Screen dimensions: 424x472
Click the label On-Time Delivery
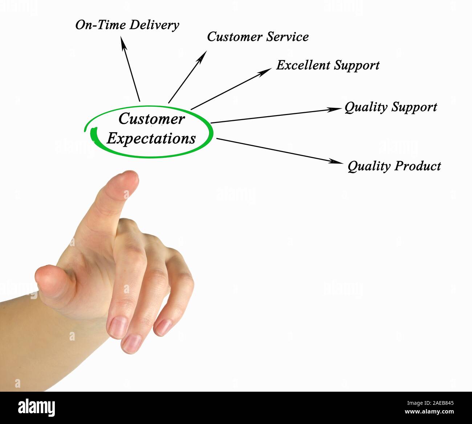(127, 25)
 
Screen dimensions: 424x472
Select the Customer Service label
(258, 37)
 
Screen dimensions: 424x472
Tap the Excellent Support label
(327, 65)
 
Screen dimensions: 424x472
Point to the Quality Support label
(390, 107)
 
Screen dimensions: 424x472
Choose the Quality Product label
(394, 166)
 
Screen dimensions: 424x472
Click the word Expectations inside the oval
(151, 139)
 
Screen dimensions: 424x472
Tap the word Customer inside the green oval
(151, 119)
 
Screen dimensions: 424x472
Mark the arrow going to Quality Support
(276, 115)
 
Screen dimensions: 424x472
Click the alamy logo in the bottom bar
(37, 407)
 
